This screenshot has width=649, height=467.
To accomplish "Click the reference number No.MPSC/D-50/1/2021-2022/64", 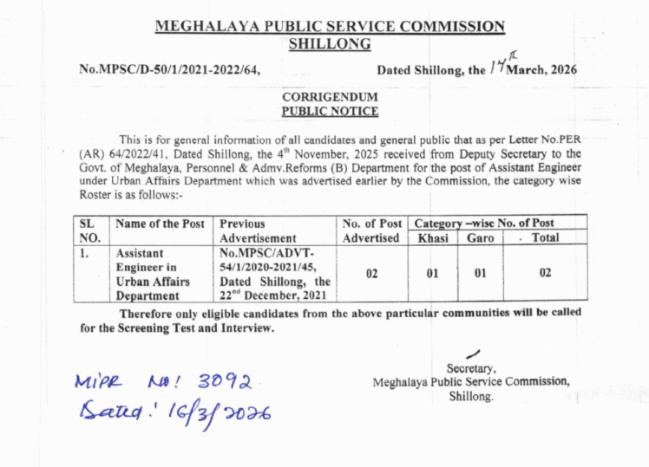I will pos(170,68).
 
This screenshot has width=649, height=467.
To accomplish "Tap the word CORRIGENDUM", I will pos(330,97).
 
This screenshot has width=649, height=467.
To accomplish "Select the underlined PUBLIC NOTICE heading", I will pos(330,111).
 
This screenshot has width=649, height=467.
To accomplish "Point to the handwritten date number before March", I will pos(495,66).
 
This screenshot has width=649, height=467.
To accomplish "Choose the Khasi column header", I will pos(432,237).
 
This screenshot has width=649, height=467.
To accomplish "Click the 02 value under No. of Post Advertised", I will pos(371,274).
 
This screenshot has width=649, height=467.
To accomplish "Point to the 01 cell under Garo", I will pos(480,274).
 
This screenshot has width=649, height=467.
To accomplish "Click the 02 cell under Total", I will pos(545,274).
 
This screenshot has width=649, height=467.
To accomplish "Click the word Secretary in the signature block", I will pos(470,367).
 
